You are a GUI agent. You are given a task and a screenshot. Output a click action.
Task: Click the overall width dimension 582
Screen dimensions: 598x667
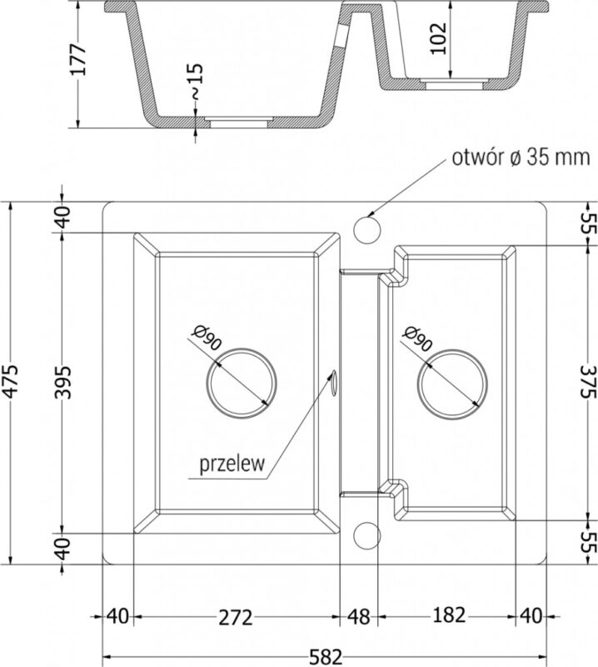(326, 656)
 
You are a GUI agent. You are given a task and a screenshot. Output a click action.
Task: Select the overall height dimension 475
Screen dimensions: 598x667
(10, 382)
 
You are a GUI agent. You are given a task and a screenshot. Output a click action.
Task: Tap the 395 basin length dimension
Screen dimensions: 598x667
(64, 382)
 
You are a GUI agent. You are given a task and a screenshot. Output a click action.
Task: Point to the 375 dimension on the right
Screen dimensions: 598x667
(589, 381)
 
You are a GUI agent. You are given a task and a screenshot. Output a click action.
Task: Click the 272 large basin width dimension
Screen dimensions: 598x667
(236, 617)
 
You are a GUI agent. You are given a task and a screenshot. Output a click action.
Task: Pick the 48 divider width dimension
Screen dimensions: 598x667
(359, 617)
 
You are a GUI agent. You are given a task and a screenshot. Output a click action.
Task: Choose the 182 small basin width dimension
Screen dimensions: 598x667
(449, 615)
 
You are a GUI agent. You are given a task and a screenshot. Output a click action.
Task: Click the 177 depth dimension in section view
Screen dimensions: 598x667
(78, 59)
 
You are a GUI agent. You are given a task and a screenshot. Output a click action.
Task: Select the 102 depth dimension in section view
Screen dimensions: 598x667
(438, 38)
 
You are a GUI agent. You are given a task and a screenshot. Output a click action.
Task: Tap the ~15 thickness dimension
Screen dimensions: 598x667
(196, 81)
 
